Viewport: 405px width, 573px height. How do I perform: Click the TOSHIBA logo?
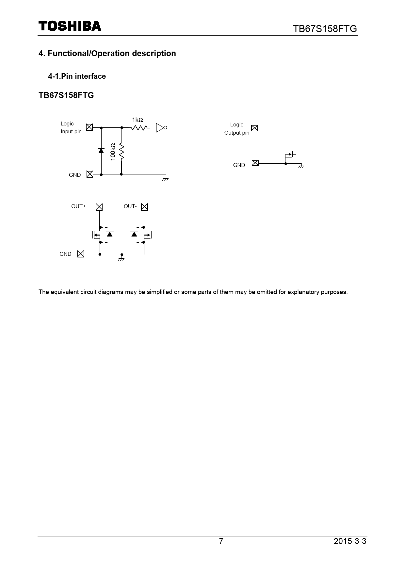pyautogui.click(x=70, y=26)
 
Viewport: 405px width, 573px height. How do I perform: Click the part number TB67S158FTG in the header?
pyautogui.click(x=325, y=29)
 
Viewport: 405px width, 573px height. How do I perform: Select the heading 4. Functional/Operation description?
pyautogui.click(x=107, y=54)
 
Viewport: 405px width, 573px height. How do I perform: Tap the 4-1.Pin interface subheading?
pyautogui.click(x=77, y=76)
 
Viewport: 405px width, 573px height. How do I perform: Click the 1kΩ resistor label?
pyautogui.click(x=138, y=120)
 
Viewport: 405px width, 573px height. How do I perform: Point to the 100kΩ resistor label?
pyautogui.click(x=113, y=152)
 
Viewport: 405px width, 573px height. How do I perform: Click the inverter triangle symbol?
pyautogui.click(x=160, y=128)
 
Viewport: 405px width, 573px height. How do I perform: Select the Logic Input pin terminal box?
pyautogui.click(x=89, y=127)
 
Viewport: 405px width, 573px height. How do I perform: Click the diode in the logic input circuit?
pyautogui.click(x=101, y=150)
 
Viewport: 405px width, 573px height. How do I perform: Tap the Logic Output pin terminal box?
pyautogui.click(x=255, y=128)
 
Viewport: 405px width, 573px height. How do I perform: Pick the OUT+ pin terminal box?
pyautogui.click(x=99, y=207)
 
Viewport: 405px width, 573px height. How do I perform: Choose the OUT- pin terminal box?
pyautogui.click(x=144, y=207)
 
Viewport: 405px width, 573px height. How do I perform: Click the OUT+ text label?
pyautogui.click(x=78, y=206)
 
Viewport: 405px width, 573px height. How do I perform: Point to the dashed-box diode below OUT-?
pyautogui.click(x=134, y=234)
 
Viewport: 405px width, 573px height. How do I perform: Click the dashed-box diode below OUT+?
pyautogui.click(x=110, y=234)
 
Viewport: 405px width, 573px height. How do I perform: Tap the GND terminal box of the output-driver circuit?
pyautogui.click(x=81, y=254)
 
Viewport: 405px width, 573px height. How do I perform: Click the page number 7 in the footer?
pyautogui.click(x=221, y=541)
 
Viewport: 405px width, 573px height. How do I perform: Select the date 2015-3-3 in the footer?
pyautogui.click(x=350, y=541)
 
